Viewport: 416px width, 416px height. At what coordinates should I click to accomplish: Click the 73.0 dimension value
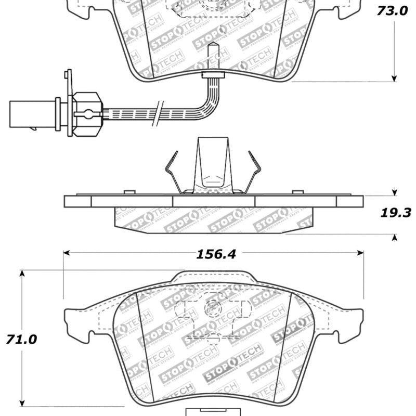pyautogui.click(x=394, y=11)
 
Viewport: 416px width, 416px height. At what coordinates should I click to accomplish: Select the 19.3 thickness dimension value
pyautogui.click(x=395, y=213)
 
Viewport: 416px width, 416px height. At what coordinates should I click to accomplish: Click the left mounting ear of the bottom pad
pyautogui.click(x=73, y=317)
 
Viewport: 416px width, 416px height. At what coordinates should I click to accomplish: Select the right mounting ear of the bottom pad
pyautogui.click(x=354, y=317)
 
